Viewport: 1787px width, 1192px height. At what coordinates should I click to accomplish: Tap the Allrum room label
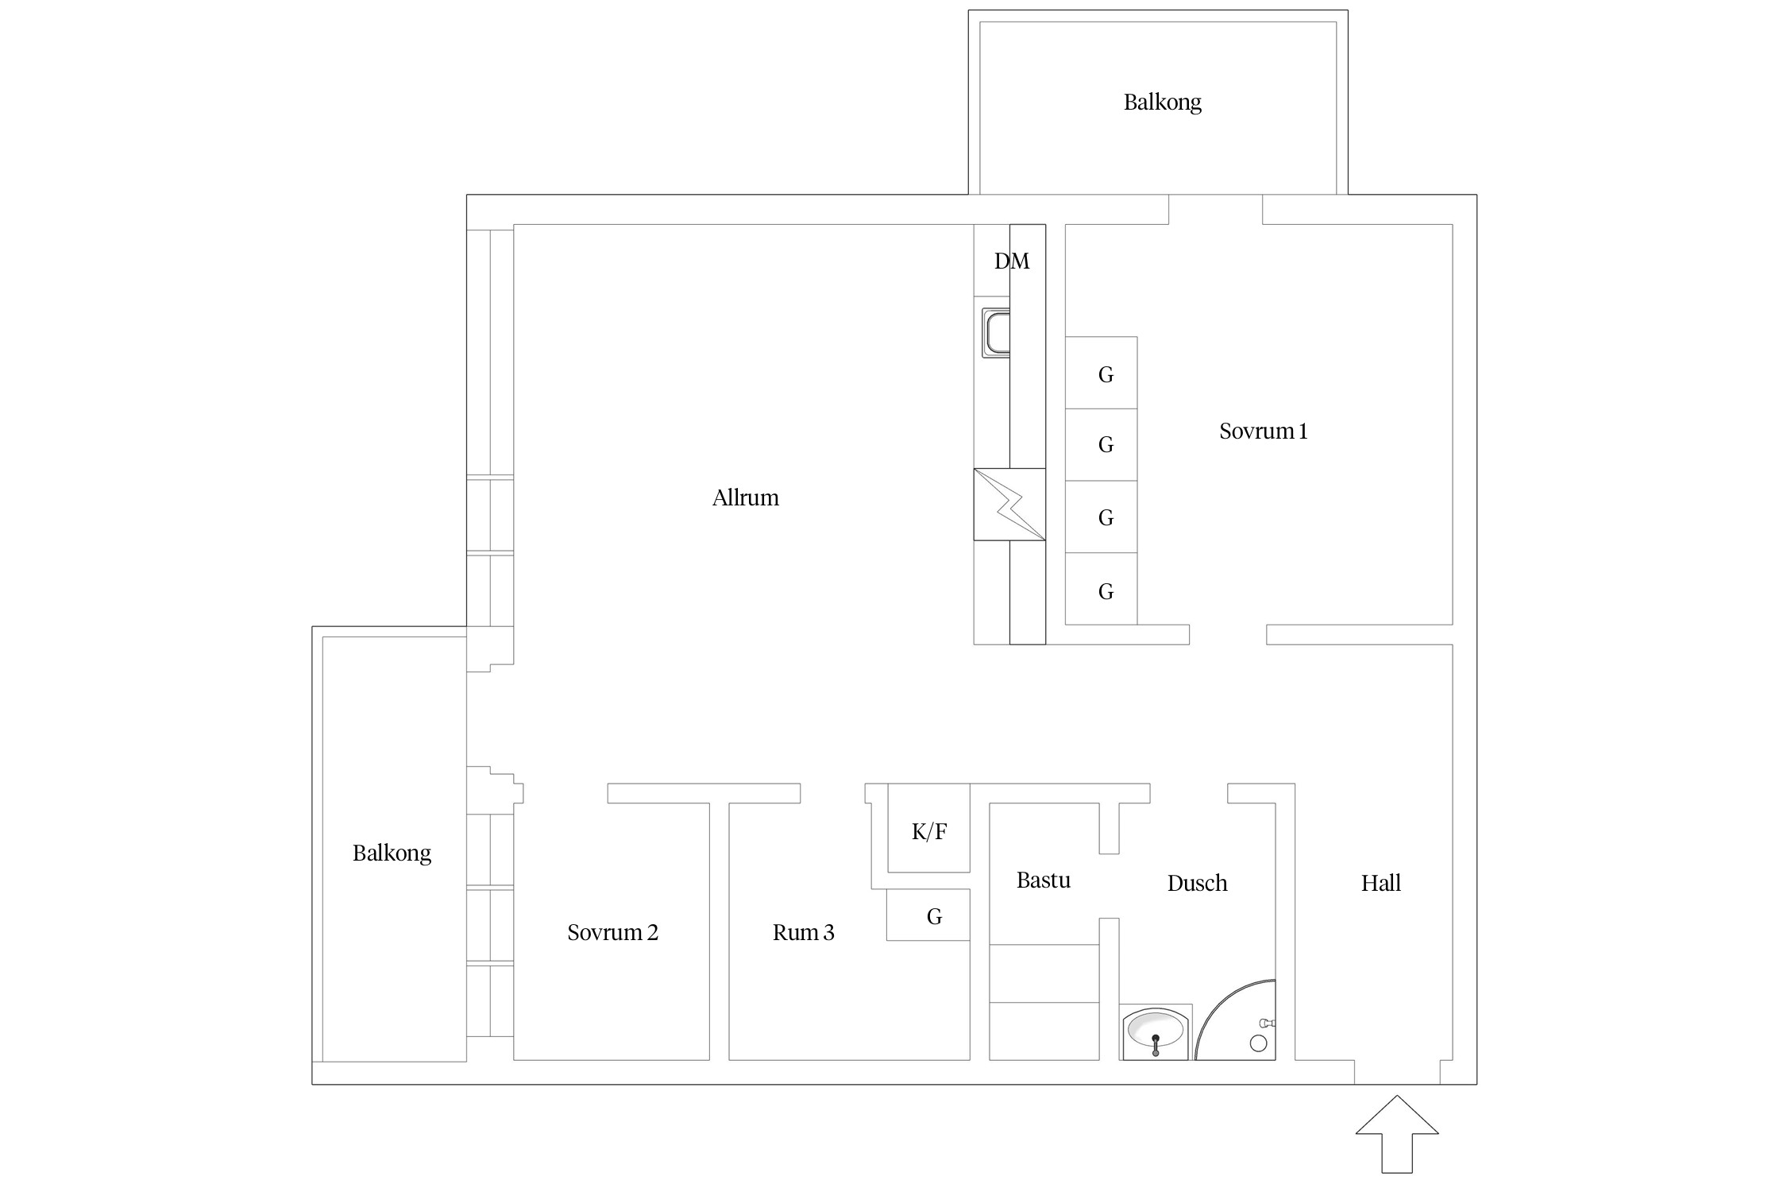pos(745,498)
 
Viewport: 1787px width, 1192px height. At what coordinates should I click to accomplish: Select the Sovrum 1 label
pos(1263,432)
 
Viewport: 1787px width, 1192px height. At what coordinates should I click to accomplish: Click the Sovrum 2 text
pos(612,932)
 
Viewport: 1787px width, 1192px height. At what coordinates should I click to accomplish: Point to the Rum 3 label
pos(803,932)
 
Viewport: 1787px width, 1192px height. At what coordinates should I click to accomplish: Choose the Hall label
pos(1380,883)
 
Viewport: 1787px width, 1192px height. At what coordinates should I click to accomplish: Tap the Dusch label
pos(1197,883)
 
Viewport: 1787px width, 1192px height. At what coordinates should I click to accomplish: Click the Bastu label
pos(1043,880)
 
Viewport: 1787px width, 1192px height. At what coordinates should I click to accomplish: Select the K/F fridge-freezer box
pos(928,831)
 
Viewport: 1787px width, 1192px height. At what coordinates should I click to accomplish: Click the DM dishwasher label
pos(1011,261)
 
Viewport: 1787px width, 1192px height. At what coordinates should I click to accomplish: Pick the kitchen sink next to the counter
pos(996,333)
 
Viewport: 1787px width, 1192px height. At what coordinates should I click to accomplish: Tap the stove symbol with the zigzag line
pos(1009,504)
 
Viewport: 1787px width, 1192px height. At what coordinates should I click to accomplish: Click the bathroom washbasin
pos(1156,1032)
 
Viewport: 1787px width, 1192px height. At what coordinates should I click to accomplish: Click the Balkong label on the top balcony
pos(1162,103)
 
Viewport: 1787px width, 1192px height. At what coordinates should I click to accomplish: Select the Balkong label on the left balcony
pos(392,853)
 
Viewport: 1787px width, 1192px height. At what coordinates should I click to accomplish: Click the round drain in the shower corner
pos(1258,1043)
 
